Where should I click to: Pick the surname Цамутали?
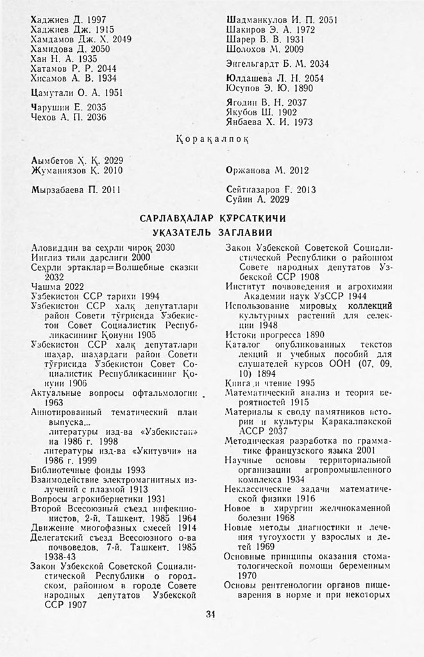point(53,92)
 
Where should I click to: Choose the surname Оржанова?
point(250,171)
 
